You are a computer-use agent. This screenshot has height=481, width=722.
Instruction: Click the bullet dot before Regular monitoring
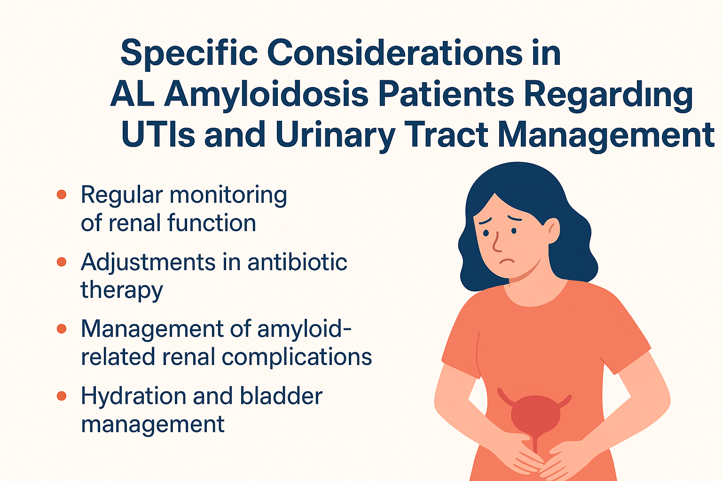pos(62,194)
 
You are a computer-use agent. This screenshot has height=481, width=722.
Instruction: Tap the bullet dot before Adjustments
pos(62,262)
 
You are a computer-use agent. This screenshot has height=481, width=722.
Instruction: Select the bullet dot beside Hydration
pos(62,396)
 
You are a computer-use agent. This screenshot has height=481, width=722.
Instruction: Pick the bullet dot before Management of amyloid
pos(62,328)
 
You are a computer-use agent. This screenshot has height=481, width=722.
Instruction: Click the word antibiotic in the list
pos(297,262)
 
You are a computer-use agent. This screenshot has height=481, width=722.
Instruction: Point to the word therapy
pos(122,290)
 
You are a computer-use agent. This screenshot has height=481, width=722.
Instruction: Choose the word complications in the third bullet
pos(297,357)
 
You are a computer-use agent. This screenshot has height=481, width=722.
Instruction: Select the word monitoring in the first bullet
pos(228,194)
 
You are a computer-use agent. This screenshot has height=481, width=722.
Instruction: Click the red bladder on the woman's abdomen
pos(534,413)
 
